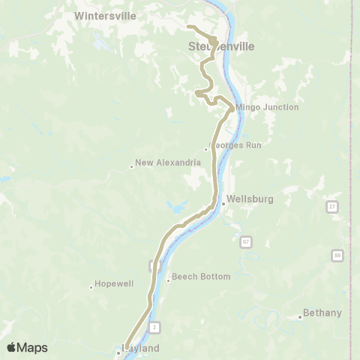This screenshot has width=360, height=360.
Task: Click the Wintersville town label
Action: point(104,15)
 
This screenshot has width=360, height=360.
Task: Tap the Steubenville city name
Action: point(220,46)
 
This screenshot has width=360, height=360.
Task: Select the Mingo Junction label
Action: point(267,107)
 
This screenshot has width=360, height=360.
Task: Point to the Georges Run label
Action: point(235,145)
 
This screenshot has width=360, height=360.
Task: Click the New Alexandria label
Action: point(168,163)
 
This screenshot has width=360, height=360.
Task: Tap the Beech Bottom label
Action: point(201,277)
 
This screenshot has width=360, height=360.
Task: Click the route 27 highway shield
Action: point(332,206)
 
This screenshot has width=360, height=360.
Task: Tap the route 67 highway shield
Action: point(245,242)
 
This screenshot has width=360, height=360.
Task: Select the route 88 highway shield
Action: point(338,256)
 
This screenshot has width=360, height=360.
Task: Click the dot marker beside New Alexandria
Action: point(131,166)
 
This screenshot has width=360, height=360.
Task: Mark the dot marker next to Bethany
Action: point(299,317)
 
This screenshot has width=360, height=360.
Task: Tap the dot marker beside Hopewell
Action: point(91,287)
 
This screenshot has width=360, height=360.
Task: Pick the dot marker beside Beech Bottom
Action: point(168,280)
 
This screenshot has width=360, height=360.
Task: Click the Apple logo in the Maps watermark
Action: point(12,347)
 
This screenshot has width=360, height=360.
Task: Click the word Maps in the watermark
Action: point(33,348)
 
